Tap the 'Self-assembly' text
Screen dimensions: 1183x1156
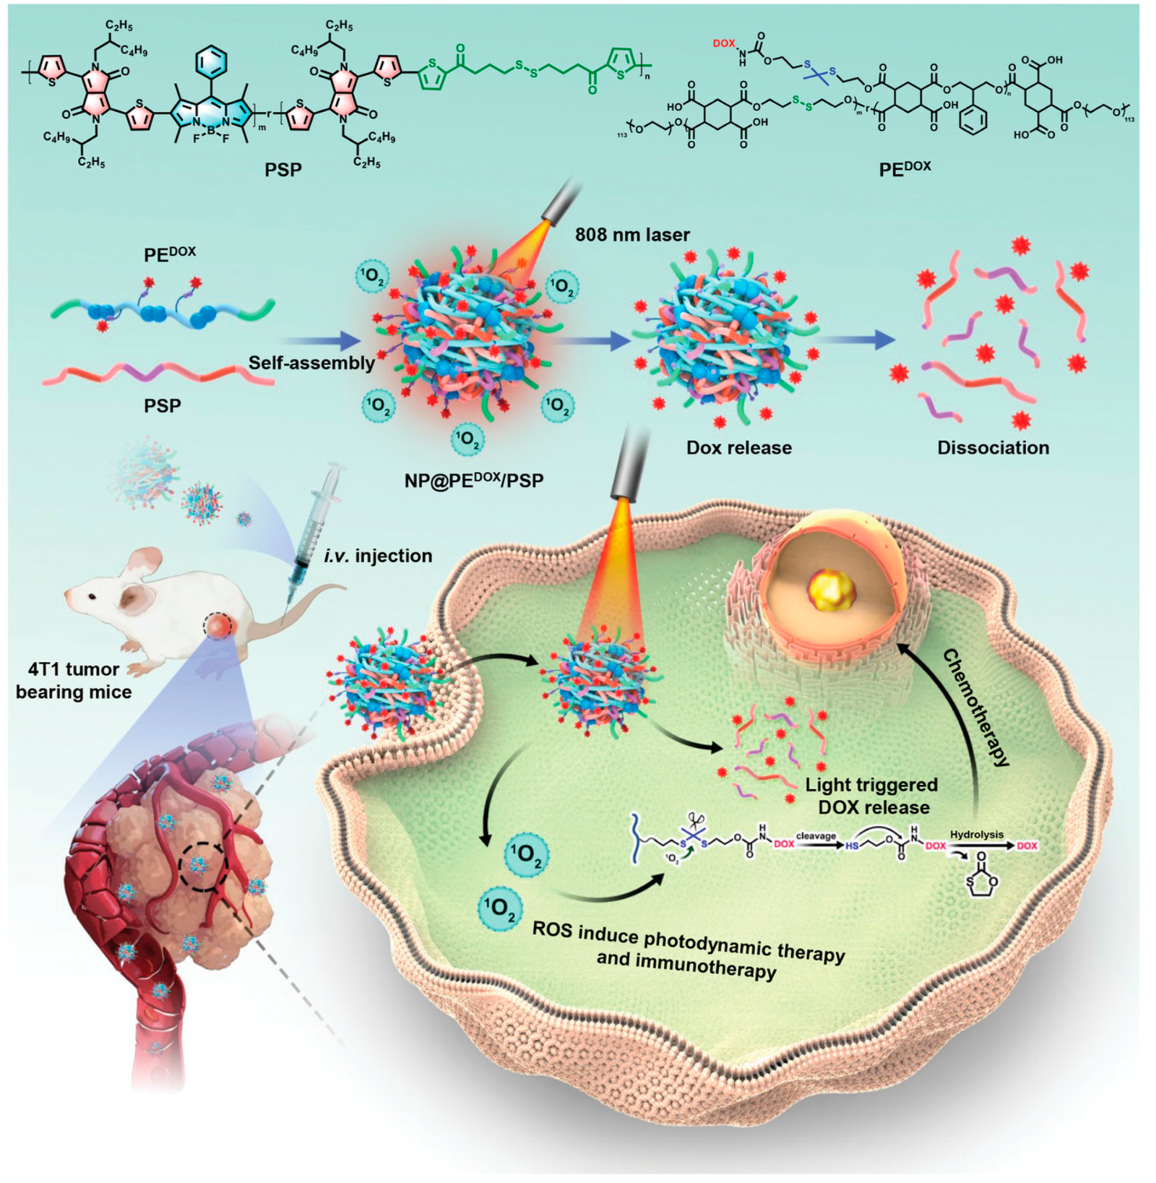pos(311,363)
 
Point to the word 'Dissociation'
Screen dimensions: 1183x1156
pos(993,448)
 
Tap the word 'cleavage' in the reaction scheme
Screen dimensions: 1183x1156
pos(816,836)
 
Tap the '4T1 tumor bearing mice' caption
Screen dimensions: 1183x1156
pos(74,680)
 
